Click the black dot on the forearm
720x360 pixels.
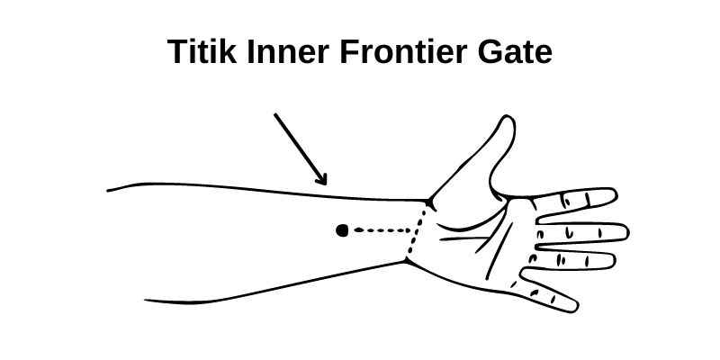coord(342,230)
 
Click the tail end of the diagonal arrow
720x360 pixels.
coord(275,114)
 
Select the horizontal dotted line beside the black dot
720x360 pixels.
coord(382,230)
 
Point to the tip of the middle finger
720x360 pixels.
coord(626,233)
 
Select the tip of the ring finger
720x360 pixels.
coord(615,260)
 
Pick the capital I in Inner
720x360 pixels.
coord(249,53)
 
